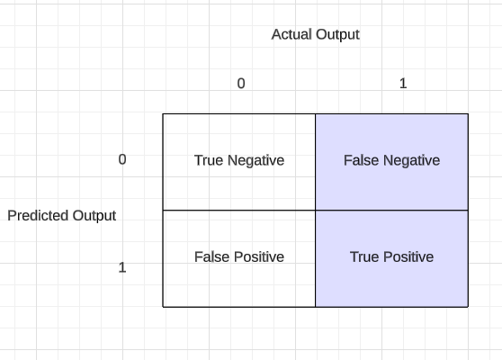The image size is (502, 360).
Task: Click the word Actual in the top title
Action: (x=291, y=34)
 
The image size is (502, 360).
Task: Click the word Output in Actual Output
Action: (x=337, y=35)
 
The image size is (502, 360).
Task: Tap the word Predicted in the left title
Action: (x=38, y=215)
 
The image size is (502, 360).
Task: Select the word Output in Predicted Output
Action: (x=94, y=216)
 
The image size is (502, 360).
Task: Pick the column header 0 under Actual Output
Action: (x=241, y=84)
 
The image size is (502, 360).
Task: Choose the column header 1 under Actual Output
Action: (x=403, y=84)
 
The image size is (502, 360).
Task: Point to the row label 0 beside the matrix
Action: (x=122, y=159)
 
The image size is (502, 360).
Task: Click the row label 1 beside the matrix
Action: (x=122, y=267)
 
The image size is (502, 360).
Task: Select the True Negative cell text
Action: (x=239, y=160)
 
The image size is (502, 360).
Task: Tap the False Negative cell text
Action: (x=392, y=160)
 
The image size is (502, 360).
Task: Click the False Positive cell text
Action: (x=239, y=256)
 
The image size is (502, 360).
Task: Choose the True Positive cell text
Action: (x=392, y=256)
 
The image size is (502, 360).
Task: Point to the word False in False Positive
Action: (x=212, y=256)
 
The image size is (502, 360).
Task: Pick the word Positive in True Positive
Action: (x=408, y=256)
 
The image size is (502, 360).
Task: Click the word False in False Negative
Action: (x=362, y=160)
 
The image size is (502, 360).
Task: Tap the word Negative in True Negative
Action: (x=255, y=161)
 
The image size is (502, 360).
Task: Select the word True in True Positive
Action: (x=364, y=256)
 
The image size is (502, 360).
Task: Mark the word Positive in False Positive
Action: (x=259, y=256)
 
